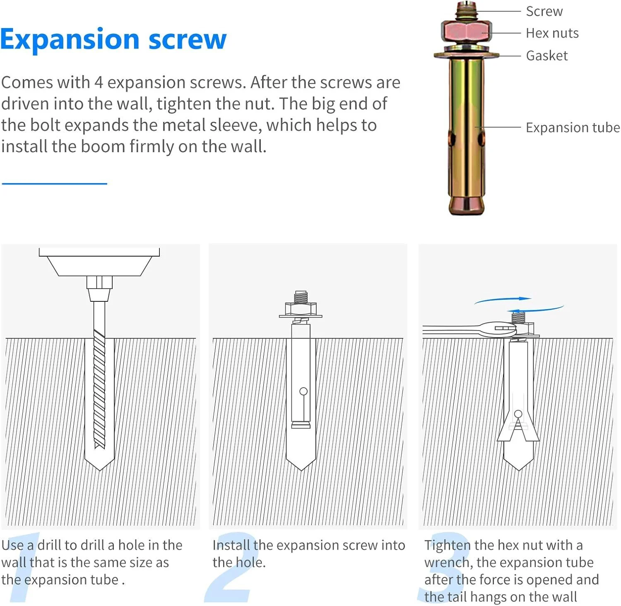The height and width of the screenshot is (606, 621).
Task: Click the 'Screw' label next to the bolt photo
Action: [x=544, y=11]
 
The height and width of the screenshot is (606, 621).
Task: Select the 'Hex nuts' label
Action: [x=552, y=33]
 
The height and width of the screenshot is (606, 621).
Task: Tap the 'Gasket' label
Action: [x=547, y=56]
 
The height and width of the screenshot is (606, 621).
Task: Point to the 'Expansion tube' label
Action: [x=573, y=128]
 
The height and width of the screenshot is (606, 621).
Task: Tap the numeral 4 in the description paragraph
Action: [x=99, y=82]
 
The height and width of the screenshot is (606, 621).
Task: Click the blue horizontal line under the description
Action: [x=54, y=183]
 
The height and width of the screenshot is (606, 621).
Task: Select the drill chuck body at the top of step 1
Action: [x=99, y=262]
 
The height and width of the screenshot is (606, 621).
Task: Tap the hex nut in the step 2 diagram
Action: [x=301, y=309]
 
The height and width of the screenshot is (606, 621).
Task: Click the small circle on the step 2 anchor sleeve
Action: [x=303, y=391]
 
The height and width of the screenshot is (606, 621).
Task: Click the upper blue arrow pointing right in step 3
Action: [x=503, y=300]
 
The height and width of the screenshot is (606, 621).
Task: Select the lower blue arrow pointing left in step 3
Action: [x=536, y=309]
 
